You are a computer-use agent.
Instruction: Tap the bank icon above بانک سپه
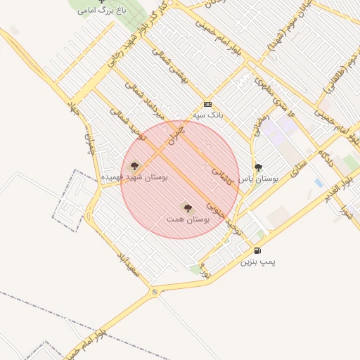coord(207,103)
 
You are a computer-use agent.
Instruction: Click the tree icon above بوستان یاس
coord(258,167)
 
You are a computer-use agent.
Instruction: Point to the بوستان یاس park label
coord(258,179)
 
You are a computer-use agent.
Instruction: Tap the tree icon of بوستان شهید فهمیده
coord(134,166)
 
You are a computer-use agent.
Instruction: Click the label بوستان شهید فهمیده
coord(134,178)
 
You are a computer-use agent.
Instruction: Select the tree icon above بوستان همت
coord(187,207)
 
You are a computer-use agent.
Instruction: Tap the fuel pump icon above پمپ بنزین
coord(258,250)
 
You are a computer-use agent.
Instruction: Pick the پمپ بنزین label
coord(258,262)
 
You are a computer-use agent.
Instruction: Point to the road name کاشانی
coord(224,169)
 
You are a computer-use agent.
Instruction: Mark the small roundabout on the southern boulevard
coord(155,291)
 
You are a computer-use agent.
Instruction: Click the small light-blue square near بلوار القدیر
coord(319,183)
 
